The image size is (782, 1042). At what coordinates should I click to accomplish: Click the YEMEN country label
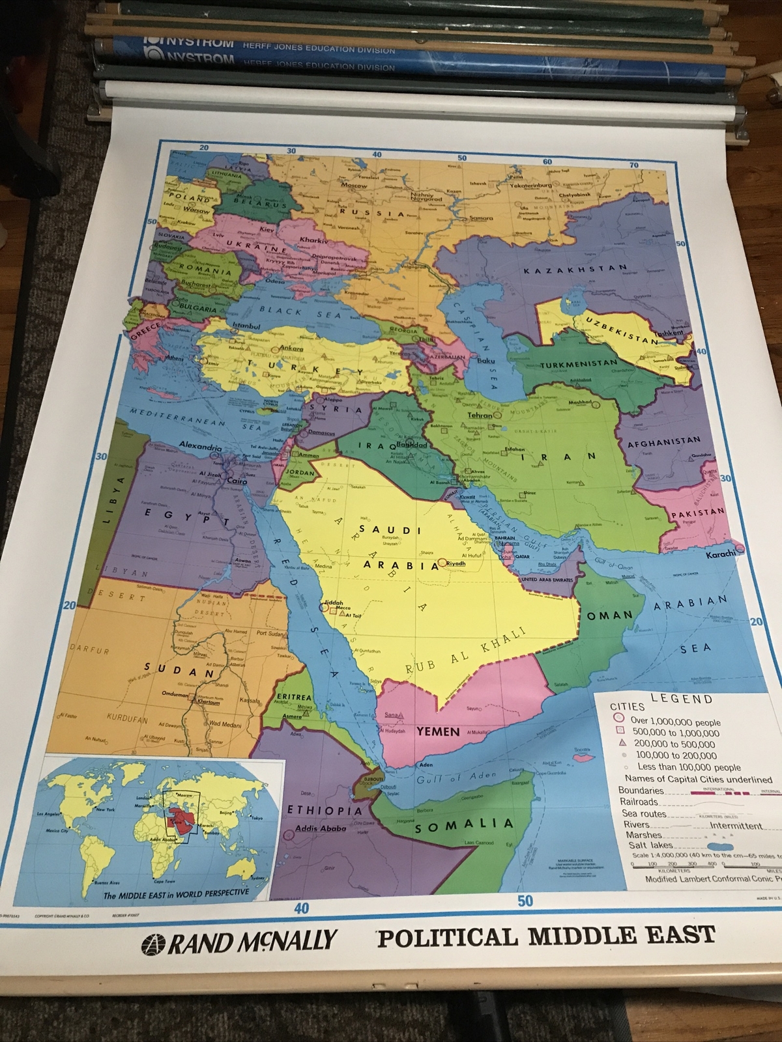[x=438, y=731]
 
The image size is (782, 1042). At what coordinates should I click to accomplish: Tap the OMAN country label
[x=610, y=615]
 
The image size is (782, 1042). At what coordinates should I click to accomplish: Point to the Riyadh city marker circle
[x=442, y=562]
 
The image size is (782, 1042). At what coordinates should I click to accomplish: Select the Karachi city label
[x=720, y=555]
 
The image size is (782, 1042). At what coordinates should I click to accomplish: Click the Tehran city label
[x=480, y=415]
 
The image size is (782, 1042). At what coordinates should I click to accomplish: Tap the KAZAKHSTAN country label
[x=575, y=269]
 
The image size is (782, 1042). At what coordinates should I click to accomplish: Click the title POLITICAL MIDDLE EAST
[x=545, y=936]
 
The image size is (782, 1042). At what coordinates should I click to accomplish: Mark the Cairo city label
[x=237, y=481]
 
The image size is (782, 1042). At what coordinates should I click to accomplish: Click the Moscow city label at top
[x=354, y=185]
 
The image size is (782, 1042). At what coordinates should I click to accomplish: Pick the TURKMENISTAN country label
[x=577, y=363]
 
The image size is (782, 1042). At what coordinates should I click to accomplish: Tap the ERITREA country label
[x=294, y=697]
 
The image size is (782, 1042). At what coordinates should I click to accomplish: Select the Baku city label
[x=486, y=361]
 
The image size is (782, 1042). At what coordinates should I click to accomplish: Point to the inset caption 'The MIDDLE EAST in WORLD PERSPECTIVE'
[x=176, y=893]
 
